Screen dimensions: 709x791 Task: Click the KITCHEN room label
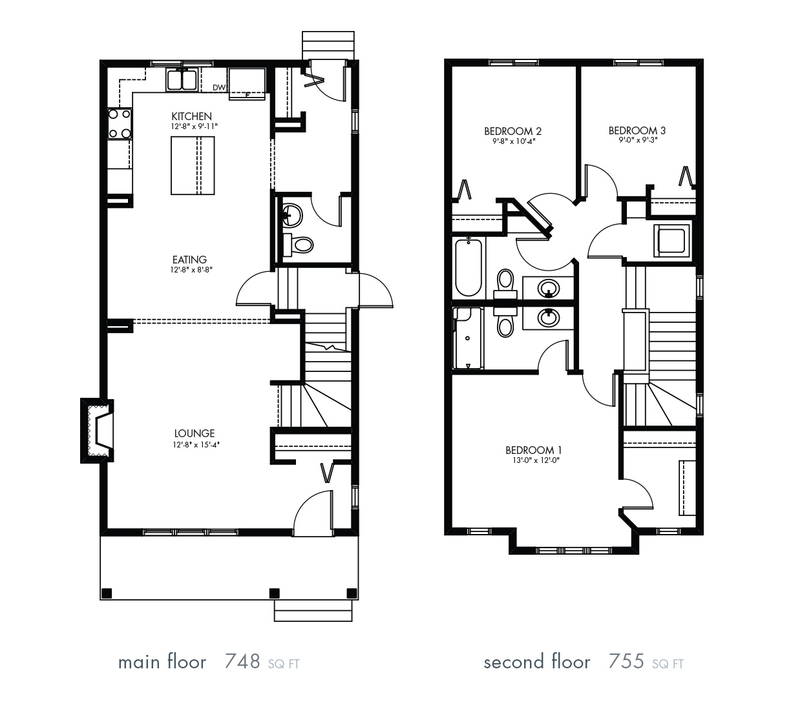(x=191, y=116)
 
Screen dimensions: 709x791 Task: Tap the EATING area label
(x=189, y=260)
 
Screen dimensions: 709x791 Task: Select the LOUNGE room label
(x=194, y=433)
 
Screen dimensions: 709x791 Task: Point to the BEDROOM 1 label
(x=529, y=450)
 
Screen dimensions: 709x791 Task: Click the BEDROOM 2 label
(x=512, y=130)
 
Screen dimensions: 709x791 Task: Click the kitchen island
(x=193, y=165)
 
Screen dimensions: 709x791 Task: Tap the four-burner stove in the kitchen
(x=120, y=124)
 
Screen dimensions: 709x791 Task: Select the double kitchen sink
(x=182, y=80)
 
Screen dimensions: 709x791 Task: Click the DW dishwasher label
(x=218, y=88)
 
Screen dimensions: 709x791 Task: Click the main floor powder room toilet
(x=299, y=245)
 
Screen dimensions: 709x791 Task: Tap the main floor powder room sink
(x=292, y=216)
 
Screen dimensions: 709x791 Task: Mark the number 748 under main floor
(x=242, y=662)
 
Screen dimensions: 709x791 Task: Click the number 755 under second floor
(x=626, y=662)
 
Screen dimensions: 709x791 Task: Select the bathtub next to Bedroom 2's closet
(x=469, y=267)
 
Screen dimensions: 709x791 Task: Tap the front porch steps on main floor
(x=313, y=610)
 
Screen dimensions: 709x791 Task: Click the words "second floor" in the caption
(x=536, y=662)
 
